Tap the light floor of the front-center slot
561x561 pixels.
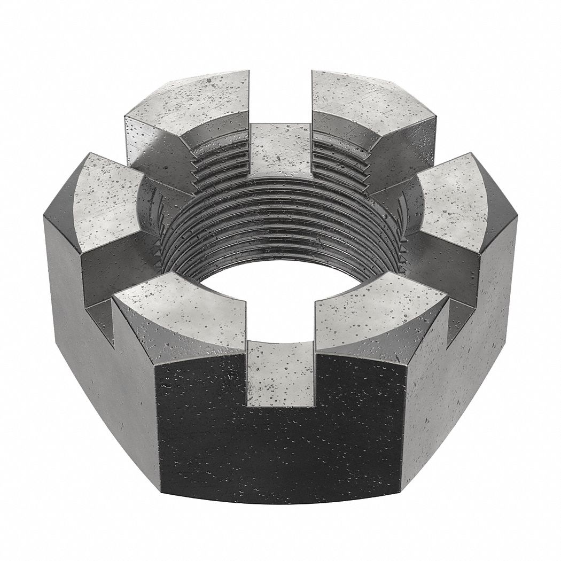pos(280,374)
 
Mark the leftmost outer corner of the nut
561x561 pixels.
pos(44,214)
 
